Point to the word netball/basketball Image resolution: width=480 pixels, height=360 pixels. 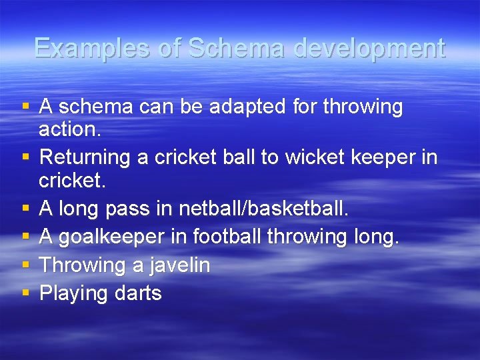click(x=263, y=209)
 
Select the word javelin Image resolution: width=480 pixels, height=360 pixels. click(x=180, y=265)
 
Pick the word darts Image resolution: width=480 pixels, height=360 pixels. click(x=138, y=293)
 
